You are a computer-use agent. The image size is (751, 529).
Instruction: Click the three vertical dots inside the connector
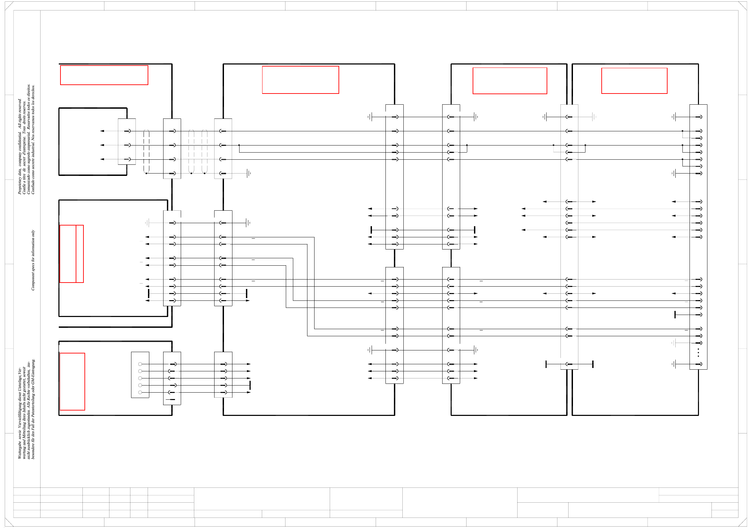click(x=698, y=353)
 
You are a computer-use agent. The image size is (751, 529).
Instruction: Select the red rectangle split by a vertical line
click(x=72, y=254)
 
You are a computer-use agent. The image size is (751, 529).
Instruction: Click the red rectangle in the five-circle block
click(x=72, y=381)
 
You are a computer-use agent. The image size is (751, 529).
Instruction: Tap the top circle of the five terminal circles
click(x=140, y=364)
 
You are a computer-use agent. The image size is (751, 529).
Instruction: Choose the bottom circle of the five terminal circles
click(x=140, y=392)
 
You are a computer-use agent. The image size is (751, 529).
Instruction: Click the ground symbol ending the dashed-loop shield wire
click(x=249, y=174)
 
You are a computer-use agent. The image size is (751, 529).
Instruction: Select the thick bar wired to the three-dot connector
click(x=675, y=315)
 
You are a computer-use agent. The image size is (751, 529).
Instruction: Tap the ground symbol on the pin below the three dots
click(x=674, y=364)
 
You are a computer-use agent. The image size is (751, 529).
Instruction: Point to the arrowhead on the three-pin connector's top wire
click(x=102, y=131)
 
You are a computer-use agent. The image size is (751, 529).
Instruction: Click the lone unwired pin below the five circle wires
click(x=172, y=399)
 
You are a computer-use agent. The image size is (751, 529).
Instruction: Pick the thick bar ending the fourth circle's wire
click(x=250, y=385)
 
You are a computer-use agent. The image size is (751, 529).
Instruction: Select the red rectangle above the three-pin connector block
click(x=104, y=75)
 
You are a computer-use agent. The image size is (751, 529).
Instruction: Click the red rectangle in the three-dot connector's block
click(x=634, y=81)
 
